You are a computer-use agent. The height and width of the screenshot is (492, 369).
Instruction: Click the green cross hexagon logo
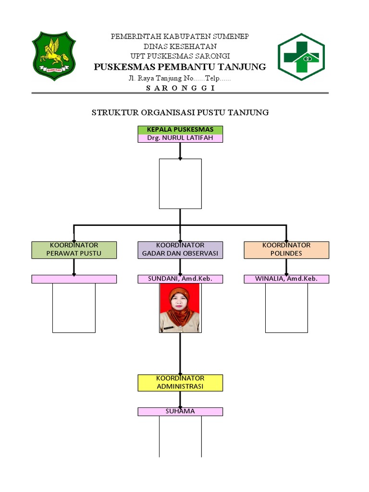[301, 57]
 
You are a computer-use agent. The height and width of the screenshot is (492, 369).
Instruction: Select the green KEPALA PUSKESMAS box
[180, 130]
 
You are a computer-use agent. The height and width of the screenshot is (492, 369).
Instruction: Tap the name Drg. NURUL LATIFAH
[180, 138]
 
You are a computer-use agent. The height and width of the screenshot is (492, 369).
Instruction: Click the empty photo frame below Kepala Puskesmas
[180, 184]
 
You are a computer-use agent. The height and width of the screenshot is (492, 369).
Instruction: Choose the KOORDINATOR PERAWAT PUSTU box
[74, 250]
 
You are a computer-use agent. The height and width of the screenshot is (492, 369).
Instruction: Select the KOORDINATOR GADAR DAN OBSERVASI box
[180, 250]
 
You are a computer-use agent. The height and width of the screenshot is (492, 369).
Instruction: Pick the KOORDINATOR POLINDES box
[286, 250]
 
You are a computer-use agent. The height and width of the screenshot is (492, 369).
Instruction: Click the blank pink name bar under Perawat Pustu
[74, 279]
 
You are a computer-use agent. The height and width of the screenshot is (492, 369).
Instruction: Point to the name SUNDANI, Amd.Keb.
[180, 279]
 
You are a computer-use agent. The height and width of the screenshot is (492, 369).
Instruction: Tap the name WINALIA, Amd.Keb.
[286, 279]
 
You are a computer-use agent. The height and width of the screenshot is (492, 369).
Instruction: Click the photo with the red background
[180, 308]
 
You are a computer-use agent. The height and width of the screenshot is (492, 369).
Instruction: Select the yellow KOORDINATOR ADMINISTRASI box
[180, 383]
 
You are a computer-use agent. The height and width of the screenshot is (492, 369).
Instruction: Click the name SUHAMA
[180, 412]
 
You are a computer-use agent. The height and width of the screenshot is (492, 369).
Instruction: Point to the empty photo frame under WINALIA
[286, 308]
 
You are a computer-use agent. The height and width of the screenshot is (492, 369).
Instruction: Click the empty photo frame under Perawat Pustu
[74, 308]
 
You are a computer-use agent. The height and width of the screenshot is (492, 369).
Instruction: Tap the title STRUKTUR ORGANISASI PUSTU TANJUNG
[180, 112]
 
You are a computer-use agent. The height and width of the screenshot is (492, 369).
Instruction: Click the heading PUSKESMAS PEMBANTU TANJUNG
[180, 67]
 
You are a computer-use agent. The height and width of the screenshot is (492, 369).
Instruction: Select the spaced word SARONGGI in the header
[180, 88]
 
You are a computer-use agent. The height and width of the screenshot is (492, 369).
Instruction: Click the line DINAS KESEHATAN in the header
[180, 47]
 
